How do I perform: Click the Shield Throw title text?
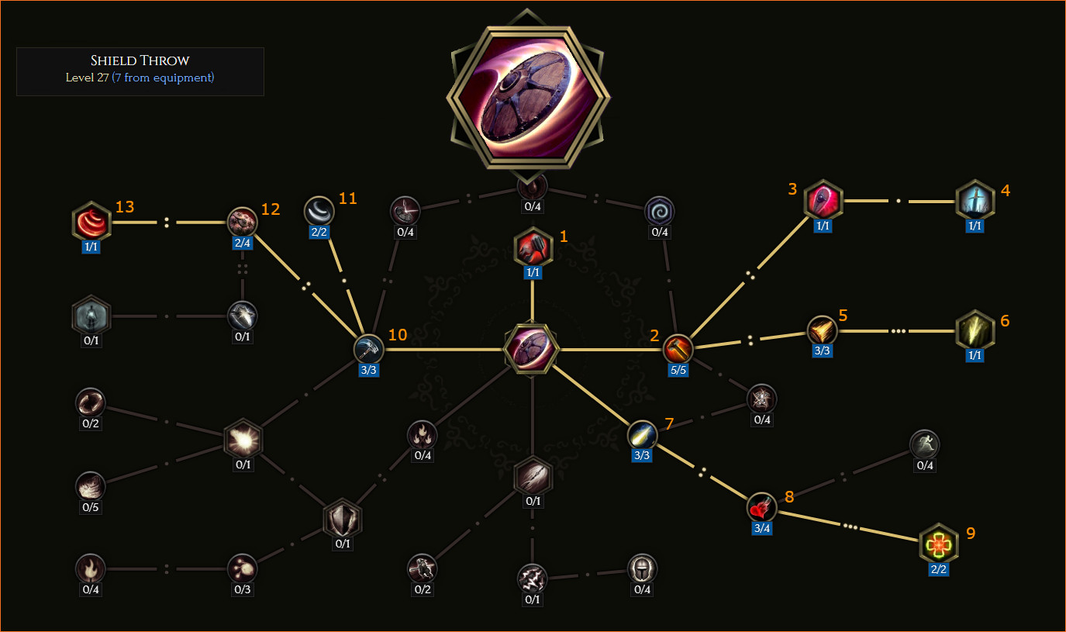coord(140,60)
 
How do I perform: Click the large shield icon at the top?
coord(528,98)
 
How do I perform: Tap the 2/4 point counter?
coord(242,243)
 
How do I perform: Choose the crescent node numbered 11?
coord(319,211)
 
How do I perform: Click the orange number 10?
coord(398,334)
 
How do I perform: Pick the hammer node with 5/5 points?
coord(678,349)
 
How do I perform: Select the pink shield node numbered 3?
coord(823,200)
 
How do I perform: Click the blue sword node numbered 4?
coord(975,200)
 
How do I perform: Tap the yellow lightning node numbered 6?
coord(975,330)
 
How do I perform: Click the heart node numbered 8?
coord(761,507)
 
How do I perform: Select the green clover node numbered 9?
coord(938,544)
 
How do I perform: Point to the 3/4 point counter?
coord(762,528)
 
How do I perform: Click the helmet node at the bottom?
coord(642,568)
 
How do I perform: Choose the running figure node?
coord(924,444)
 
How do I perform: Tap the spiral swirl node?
coord(659,211)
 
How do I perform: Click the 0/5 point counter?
coord(91,507)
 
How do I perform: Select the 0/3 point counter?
coord(242,589)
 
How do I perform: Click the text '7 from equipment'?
coord(164,78)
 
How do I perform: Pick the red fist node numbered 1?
coord(533,247)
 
